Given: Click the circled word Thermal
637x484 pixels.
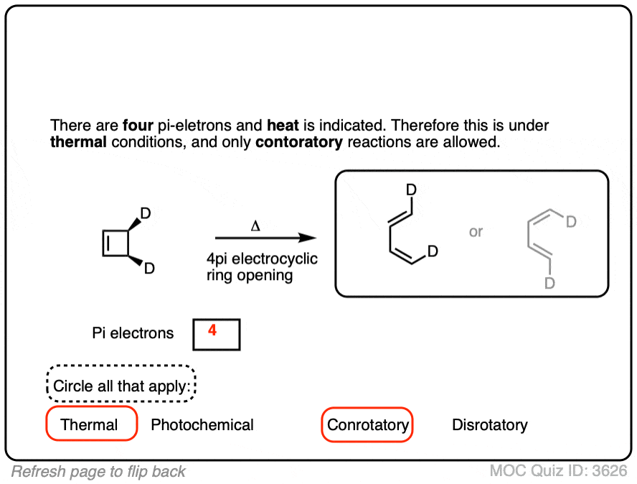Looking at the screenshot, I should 90,424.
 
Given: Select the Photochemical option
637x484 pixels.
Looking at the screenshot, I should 202,425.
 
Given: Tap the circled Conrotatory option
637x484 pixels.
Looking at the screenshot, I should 368,425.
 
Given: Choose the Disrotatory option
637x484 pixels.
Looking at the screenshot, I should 490,425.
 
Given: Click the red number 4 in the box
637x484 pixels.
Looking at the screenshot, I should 212,331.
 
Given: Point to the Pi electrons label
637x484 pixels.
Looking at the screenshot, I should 133,333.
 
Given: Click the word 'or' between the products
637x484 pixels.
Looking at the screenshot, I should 476,232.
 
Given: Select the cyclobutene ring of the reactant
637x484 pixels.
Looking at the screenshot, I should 116,243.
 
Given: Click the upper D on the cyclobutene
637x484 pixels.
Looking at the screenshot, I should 146,213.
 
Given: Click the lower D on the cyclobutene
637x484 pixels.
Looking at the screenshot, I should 149,269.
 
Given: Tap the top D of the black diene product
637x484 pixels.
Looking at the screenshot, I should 412,190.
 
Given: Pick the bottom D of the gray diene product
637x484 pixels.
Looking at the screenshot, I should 549,283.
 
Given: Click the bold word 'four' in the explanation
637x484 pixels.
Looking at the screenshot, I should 137,125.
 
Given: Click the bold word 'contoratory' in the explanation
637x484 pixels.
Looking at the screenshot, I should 298,141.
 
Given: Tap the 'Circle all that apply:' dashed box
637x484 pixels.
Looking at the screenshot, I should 122,386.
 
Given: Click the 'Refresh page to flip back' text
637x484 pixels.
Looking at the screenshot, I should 98,472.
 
